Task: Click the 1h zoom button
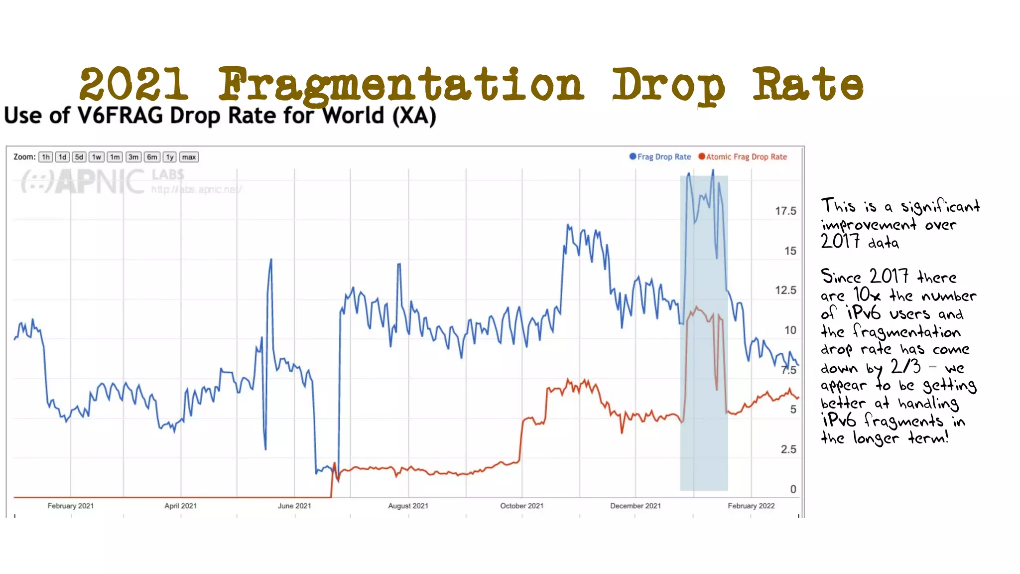pyautogui.click(x=46, y=157)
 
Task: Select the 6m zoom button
pyautogui.click(x=152, y=157)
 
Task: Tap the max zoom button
pyautogui.click(x=189, y=157)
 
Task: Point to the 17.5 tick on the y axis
pyautogui.click(x=785, y=211)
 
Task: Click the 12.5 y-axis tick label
pyautogui.click(x=785, y=290)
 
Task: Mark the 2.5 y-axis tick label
pyautogui.click(x=788, y=449)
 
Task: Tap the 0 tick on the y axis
pyautogui.click(x=793, y=489)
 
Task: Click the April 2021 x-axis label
pyautogui.click(x=180, y=506)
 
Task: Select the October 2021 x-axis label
pyautogui.click(x=521, y=506)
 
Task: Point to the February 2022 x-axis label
pyautogui.click(x=751, y=506)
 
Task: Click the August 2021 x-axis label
pyautogui.click(x=408, y=506)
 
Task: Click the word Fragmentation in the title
pyautogui.click(x=400, y=85)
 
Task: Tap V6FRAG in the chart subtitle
pyautogui.click(x=120, y=116)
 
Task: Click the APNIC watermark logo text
pyautogui.click(x=100, y=181)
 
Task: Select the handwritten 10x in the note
pyautogui.click(x=867, y=294)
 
